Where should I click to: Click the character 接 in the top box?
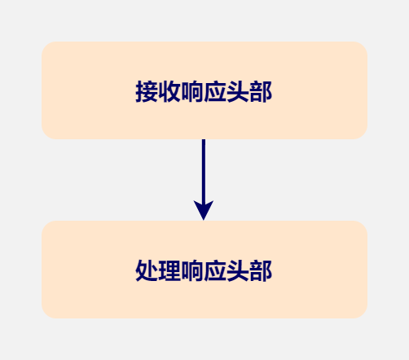click(147, 91)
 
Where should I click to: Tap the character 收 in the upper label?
click(169, 91)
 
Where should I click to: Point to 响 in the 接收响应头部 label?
click(192, 91)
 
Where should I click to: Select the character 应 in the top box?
click(215, 91)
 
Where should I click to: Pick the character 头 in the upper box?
click(238, 91)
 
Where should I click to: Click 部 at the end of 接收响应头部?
click(261, 91)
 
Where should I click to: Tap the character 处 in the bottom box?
click(147, 270)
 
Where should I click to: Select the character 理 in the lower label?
click(169, 270)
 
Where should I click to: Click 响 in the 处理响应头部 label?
click(192, 270)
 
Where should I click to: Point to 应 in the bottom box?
click(215, 270)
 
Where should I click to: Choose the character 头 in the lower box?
click(238, 270)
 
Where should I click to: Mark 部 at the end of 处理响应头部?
click(261, 270)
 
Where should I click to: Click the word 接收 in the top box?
click(158, 91)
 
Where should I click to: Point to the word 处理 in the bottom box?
click(158, 270)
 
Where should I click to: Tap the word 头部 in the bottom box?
click(249, 270)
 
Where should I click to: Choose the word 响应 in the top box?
click(204, 91)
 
